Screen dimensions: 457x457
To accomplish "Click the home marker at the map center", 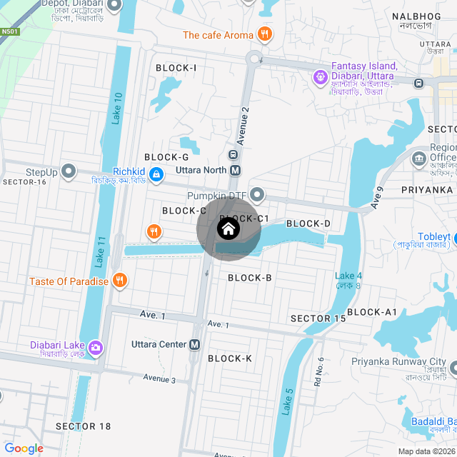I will click(x=228, y=229).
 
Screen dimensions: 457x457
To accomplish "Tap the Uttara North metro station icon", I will click(x=235, y=171).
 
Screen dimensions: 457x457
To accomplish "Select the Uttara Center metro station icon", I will click(x=195, y=344).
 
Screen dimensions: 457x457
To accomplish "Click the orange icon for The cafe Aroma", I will click(x=265, y=34).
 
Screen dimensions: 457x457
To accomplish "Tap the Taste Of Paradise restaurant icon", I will click(x=120, y=281).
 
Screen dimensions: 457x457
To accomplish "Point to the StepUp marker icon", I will click(x=69, y=171).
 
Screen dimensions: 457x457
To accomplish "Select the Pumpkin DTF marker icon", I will click(x=258, y=195).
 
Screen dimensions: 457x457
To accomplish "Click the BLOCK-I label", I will click(x=176, y=68).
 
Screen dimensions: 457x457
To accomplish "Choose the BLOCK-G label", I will click(x=166, y=157).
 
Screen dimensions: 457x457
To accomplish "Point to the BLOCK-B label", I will click(x=249, y=277).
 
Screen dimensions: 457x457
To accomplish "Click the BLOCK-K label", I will click(x=230, y=358).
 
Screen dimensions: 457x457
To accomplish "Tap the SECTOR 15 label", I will click(x=318, y=318).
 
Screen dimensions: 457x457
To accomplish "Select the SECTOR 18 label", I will click(x=84, y=426).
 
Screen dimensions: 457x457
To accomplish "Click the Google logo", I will click(x=24, y=448).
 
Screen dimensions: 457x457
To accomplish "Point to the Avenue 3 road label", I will click(x=159, y=378).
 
